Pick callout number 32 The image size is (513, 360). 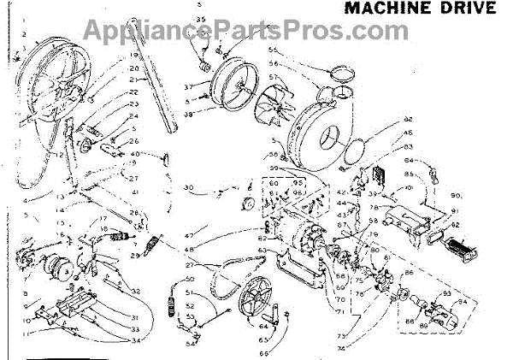(x=136, y=292)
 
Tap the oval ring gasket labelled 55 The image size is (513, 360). (x=336, y=71)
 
